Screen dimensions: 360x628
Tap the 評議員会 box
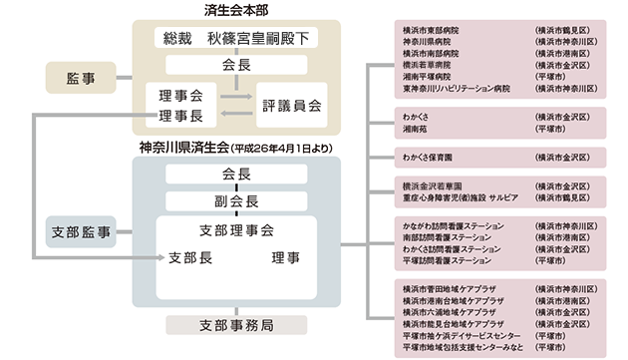291,104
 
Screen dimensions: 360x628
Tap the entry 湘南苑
416,130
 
